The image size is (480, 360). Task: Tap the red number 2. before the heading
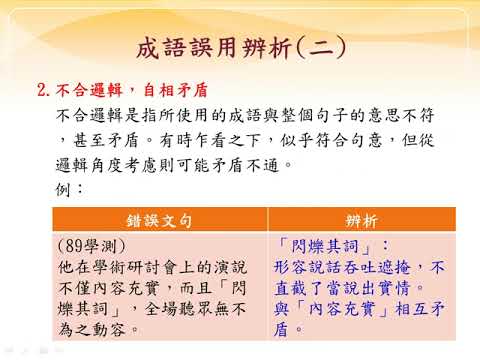click(44, 90)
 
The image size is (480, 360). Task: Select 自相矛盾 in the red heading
click(176, 90)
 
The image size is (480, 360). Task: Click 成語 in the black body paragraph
click(245, 115)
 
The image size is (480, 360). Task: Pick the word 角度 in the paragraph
click(107, 165)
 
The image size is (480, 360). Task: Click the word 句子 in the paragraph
click(331, 115)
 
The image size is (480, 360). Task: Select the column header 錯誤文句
click(159, 220)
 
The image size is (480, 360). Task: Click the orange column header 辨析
click(362, 220)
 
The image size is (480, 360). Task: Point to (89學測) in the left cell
click(92, 246)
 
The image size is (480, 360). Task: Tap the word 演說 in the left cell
click(230, 267)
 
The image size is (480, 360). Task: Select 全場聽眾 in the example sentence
click(178, 309)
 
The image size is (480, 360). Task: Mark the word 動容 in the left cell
click(109, 330)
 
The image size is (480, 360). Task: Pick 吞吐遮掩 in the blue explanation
click(376, 267)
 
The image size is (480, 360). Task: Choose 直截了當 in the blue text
click(307, 288)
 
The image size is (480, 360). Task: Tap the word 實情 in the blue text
click(393, 288)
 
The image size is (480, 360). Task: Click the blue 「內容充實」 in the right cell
click(342, 309)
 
